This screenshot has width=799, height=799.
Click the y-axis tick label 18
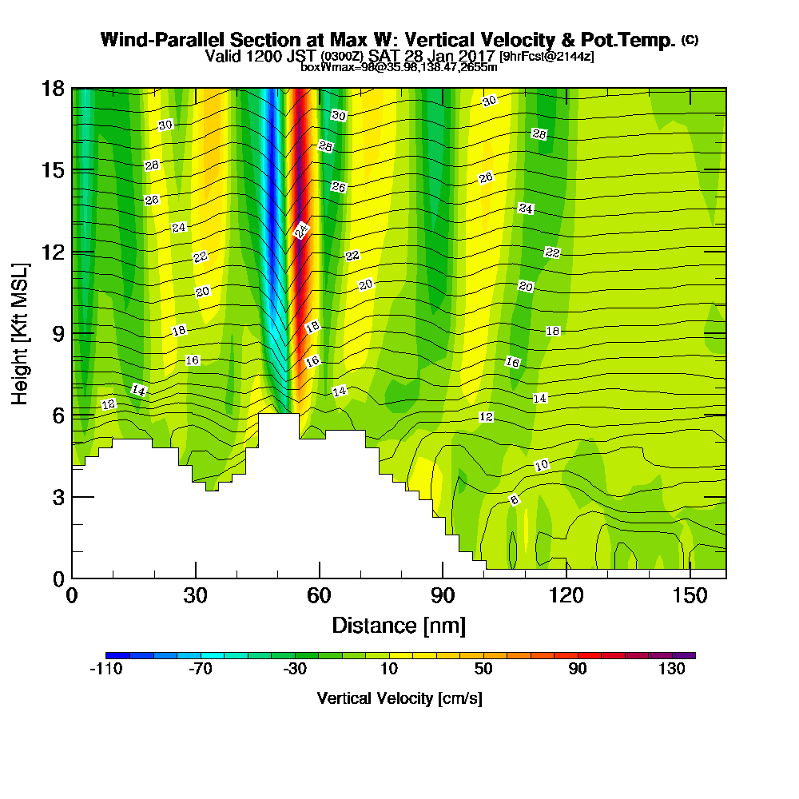pyautogui.click(x=52, y=89)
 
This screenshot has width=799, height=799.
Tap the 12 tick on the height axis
pyautogui.click(x=52, y=252)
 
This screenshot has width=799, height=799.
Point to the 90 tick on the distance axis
pyautogui.click(x=443, y=597)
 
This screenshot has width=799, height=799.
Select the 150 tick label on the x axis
pyautogui.click(x=690, y=597)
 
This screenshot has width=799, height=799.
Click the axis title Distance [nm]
pyautogui.click(x=399, y=625)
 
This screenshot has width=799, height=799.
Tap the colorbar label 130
pyautogui.click(x=672, y=670)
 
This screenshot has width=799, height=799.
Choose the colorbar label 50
pyautogui.click(x=483, y=670)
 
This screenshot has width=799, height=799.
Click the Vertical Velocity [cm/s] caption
pyautogui.click(x=399, y=698)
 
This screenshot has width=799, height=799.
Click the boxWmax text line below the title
pyautogui.click(x=399, y=67)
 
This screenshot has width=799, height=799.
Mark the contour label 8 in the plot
pyautogui.click(x=515, y=500)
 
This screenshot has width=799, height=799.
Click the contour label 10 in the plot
pyautogui.click(x=541, y=465)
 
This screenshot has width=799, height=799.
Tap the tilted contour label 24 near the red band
pyautogui.click(x=301, y=231)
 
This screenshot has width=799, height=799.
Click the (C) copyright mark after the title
pyautogui.click(x=690, y=40)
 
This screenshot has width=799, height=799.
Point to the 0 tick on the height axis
pyautogui.click(x=58, y=578)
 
